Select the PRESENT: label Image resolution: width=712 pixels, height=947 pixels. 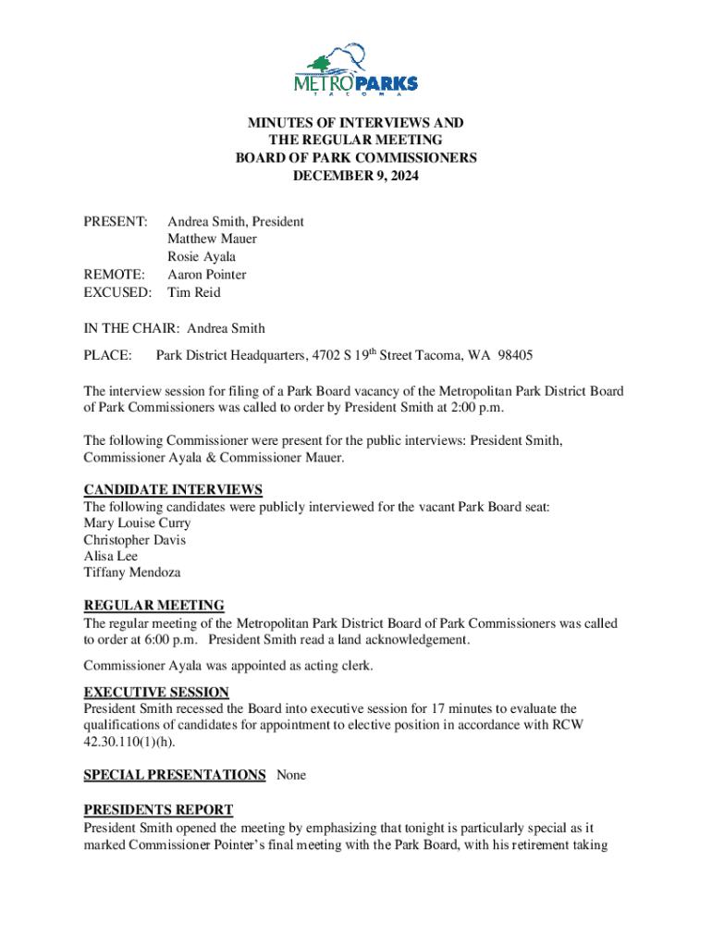click(x=116, y=222)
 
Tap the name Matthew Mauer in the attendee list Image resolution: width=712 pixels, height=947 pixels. click(x=212, y=240)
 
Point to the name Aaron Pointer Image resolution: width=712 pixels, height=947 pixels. click(x=206, y=275)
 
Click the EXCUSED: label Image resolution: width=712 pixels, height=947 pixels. click(x=117, y=292)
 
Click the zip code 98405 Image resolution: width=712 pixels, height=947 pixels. click(x=514, y=355)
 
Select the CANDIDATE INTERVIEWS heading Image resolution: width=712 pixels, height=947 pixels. click(x=173, y=489)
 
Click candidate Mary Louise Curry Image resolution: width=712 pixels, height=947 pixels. click(x=137, y=523)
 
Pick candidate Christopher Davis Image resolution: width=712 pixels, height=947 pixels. click(x=135, y=540)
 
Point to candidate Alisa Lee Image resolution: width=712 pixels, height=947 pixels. click(x=111, y=557)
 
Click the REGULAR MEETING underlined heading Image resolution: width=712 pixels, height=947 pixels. click(x=153, y=606)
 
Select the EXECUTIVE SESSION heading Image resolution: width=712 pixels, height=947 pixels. click(x=156, y=692)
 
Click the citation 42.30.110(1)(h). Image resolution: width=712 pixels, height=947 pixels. click(x=129, y=742)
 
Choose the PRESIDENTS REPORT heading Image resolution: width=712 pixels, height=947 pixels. click(x=158, y=809)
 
